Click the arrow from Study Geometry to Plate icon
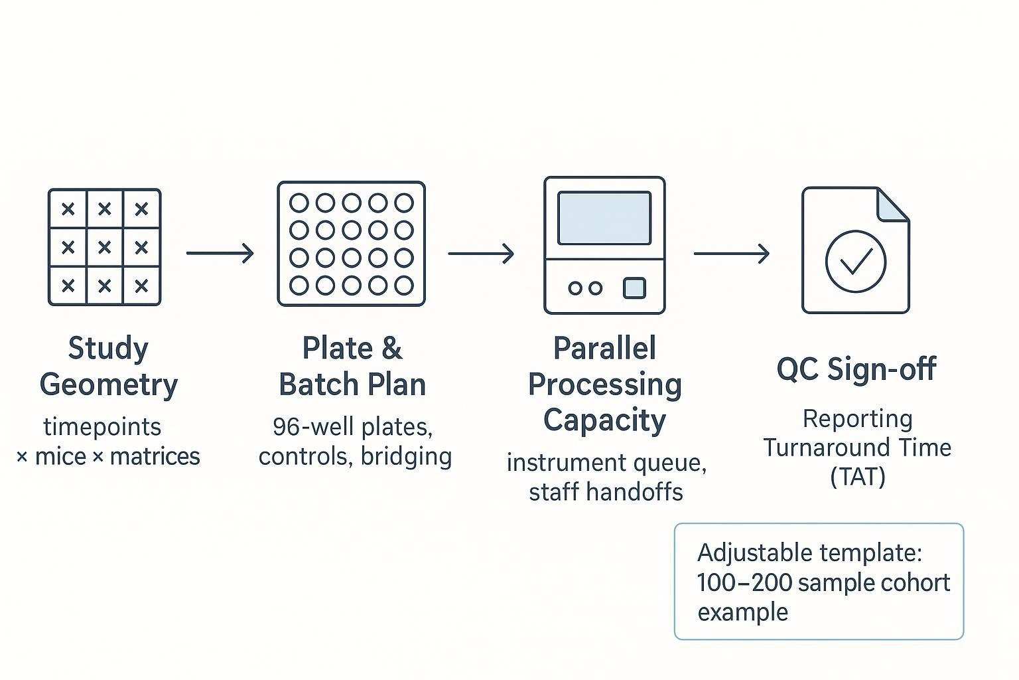pyautogui.click(x=220, y=253)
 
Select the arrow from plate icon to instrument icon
pyautogui.click(x=480, y=253)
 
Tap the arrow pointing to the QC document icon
pyautogui.click(x=731, y=253)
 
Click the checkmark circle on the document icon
pyautogui.click(x=855, y=261)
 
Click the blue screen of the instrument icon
pyautogui.click(x=604, y=218)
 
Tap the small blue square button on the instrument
pyautogui.click(x=634, y=288)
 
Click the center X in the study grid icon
pyautogui.click(x=104, y=247)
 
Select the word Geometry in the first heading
pyautogui.click(x=109, y=384)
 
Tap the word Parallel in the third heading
pyautogui.click(x=604, y=348)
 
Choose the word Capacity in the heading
pyautogui.click(x=604, y=420)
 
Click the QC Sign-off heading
pyautogui.click(x=856, y=369)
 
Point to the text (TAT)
pyautogui.click(x=857, y=476)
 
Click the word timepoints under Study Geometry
pyautogui.click(x=102, y=426)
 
